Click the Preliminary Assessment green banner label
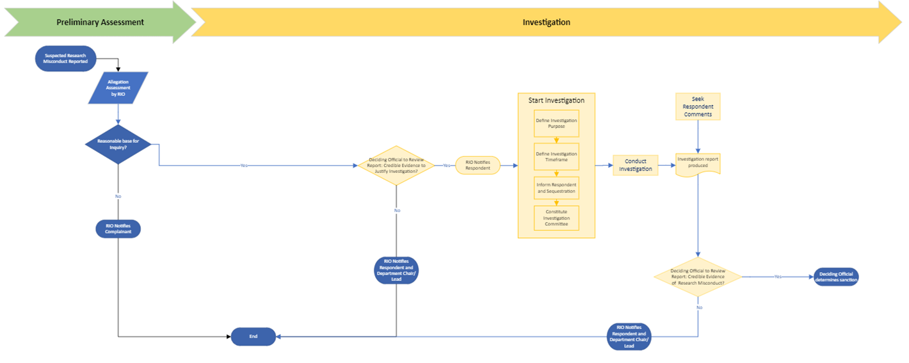pyautogui.click(x=100, y=22)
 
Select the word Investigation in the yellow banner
pyautogui.click(x=546, y=22)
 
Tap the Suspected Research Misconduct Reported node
pyautogui.click(x=66, y=58)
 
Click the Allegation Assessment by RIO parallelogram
pyautogui.click(x=118, y=88)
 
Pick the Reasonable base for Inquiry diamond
pyautogui.click(x=118, y=144)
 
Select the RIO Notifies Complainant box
pyautogui.click(x=118, y=229)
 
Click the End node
pyautogui.click(x=253, y=336)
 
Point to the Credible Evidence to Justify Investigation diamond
pyautogui.click(x=396, y=165)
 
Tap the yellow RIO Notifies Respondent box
pyautogui.click(x=478, y=165)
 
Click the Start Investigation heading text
pyautogui.click(x=556, y=101)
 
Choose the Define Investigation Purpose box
pyautogui.click(x=556, y=123)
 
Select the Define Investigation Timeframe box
pyautogui.click(x=556, y=156)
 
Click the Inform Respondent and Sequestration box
pyautogui.click(x=556, y=188)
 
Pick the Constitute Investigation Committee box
pyautogui.click(x=556, y=218)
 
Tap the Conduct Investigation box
pyautogui.click(x=635, y=165)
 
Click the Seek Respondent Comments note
pyautogui.click(x=698, y=106)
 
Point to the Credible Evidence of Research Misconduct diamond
pyautogui.click(x=698, y=277)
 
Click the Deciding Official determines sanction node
pyautogui.click(x=836, y=277)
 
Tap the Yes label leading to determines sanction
pyautogui.click(x=778, y=277)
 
